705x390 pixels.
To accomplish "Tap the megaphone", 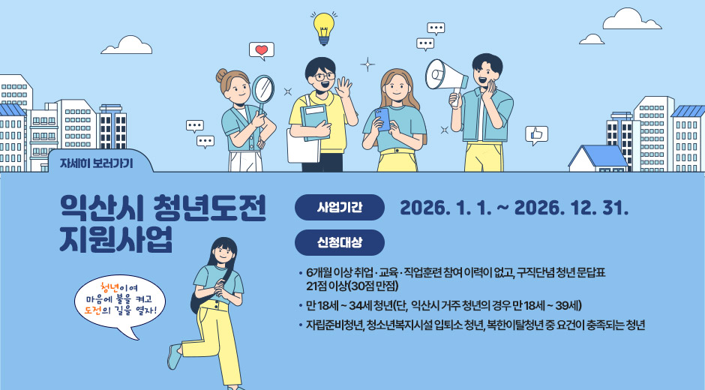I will tap(445, 75).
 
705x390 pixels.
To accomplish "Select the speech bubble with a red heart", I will tap(262, 51).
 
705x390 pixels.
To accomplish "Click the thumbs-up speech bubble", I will tap(536, 134).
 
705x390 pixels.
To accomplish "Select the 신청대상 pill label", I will tap(340, 242).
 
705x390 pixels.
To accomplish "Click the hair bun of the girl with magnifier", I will tap(222, 76).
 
